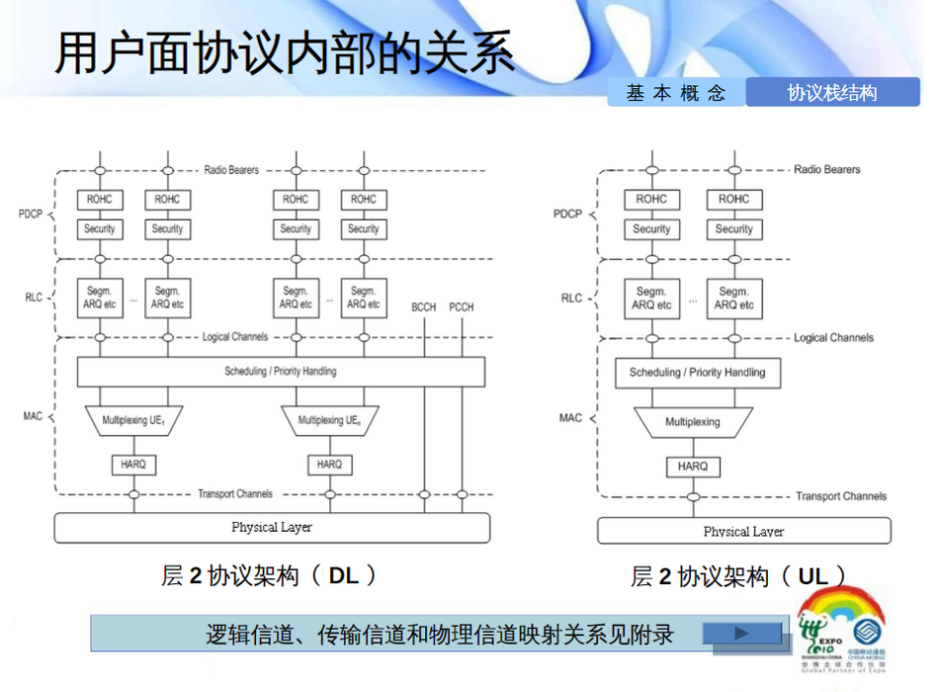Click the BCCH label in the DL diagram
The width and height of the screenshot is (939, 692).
tap(423, 307)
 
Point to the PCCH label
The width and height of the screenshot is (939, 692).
tap(462, 307)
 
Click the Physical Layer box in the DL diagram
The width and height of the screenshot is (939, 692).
tap(272, 528)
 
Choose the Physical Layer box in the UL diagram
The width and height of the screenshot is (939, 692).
tap(743, 532)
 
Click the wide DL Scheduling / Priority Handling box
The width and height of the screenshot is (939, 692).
tap(281, 372)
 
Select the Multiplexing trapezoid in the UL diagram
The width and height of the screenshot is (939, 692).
tap(692, 422)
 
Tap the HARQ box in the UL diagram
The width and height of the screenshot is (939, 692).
tap(692, 466)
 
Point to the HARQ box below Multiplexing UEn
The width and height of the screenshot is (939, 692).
tap(329, 464)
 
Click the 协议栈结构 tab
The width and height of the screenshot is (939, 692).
tap(831, 93)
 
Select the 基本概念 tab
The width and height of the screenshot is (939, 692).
tap(676, 93)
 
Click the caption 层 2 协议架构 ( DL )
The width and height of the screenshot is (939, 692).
tap(270, 575)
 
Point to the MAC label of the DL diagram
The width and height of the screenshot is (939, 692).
tap(34, 416)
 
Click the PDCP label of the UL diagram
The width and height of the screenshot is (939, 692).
tap(567, 214)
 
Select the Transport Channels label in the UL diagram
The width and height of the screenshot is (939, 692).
tap(841, 496)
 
